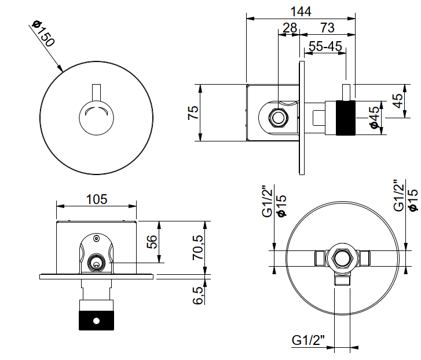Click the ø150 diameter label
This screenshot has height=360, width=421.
[x=43, y=35]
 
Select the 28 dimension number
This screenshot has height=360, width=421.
[x=290, y=28]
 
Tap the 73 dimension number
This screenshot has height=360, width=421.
[x=327, y=28]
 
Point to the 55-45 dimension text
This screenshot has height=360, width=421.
[x=325, y=46]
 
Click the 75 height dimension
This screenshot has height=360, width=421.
[x=193, y=112]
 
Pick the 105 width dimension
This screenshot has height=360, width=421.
[x=96, y=199]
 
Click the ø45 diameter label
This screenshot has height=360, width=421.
[x=375, y=117]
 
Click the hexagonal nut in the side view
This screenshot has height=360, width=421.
[x=279, y=118]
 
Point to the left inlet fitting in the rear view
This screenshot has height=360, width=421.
[x=319, y=257]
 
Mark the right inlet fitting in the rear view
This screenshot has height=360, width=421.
[x=365, y=257]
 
